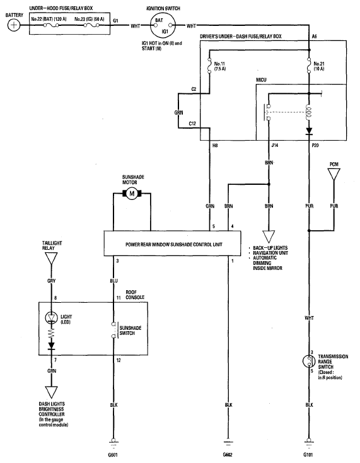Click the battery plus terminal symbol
(x=14, y=25)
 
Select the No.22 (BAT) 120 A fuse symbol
(x=51, y=25)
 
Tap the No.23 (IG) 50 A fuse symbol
(x=91, y=25)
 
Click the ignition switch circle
(x=163, y=25)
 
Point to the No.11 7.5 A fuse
(x=210, y=66)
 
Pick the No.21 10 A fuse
(x=309, y=66)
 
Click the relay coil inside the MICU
(x=309, y=112)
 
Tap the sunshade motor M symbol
(x=132, y=194)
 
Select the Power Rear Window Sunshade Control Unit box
(x=172, y=243)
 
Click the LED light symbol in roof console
(x=51, y=318)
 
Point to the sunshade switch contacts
(x=113, y=331)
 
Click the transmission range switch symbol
(x=309, y=361)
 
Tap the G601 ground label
(x=113, y=455)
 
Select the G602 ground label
(x=228, y=455)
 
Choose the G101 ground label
(x=308, y=455)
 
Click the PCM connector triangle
(x=334, y=174)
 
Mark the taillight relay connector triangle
(x=51, y=258)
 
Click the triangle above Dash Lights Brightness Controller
(x=51, y=392)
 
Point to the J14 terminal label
(x=275, y=145)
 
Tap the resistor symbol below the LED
(x=51, y=333)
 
